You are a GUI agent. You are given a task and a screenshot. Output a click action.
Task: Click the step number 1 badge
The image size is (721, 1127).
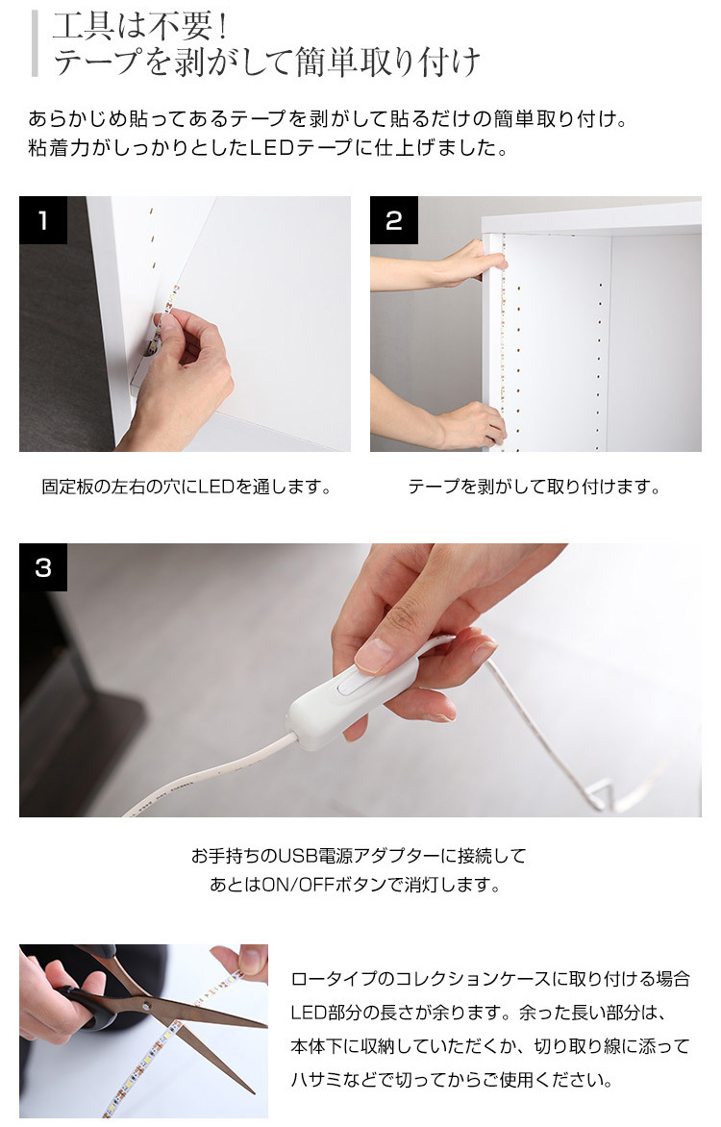43,220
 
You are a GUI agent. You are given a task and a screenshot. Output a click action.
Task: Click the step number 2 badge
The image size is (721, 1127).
394,220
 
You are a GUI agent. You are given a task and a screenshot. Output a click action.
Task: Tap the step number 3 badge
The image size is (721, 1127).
43,567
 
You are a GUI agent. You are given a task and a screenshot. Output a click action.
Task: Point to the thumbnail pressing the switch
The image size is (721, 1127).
373,655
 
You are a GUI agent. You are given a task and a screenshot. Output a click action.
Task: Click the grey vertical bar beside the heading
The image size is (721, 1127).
35,43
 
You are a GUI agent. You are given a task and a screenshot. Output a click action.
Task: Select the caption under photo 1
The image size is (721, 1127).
186,487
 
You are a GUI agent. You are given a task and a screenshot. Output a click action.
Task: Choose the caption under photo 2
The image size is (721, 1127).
535,487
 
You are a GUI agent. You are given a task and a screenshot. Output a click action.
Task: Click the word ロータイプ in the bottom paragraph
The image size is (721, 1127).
333,979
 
